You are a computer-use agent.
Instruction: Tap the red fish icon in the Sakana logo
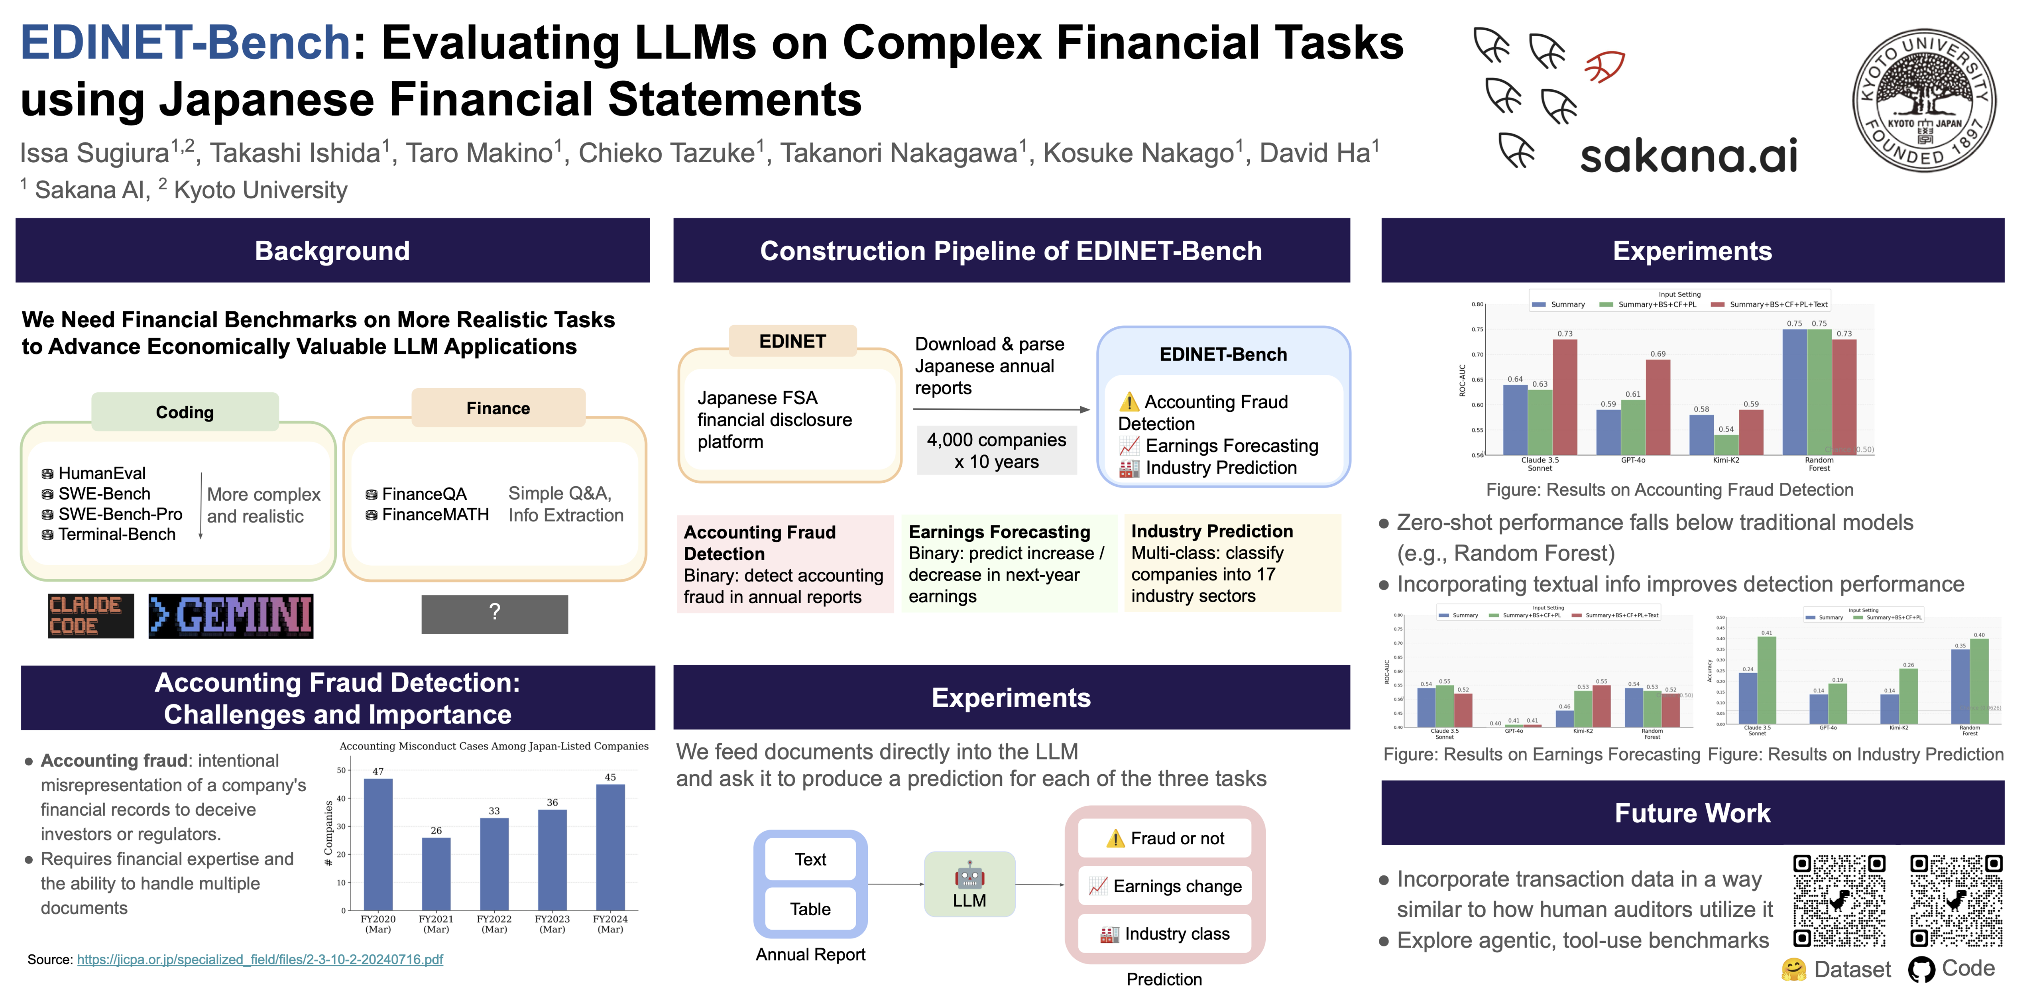point(1604,67)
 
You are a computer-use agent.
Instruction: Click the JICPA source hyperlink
point(260,960)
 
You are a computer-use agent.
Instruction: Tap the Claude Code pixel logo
point(90,616)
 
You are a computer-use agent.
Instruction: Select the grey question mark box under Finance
point(494,614)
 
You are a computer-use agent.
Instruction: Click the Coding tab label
point(185,412)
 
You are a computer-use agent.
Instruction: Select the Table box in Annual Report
point(810,909)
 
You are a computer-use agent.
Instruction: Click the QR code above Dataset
point(1839,900)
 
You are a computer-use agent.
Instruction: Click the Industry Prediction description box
point(1232,563)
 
